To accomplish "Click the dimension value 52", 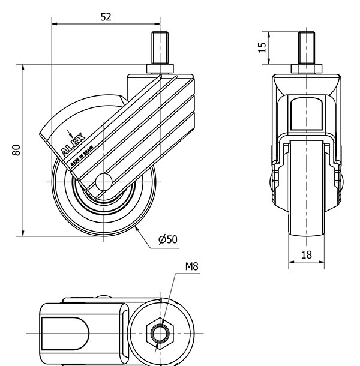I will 106,17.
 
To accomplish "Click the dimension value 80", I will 17,150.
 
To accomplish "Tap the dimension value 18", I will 306,254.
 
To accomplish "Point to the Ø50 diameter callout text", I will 168,239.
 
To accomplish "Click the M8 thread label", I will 191,266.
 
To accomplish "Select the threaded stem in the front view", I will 306,47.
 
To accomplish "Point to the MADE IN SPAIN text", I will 80,152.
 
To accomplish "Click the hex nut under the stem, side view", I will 160,66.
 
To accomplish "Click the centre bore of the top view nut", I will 160,332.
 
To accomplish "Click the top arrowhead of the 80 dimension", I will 23,69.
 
